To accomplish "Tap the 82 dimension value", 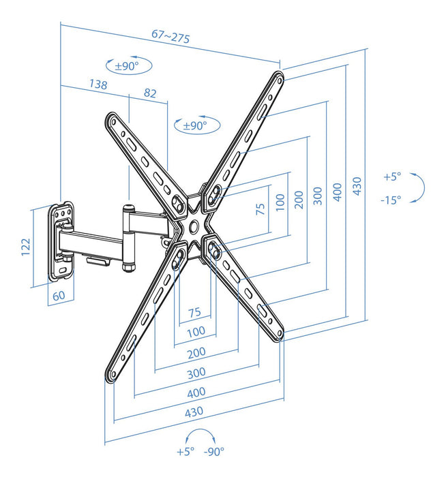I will click(150, 92).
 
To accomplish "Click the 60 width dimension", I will click(58, 296).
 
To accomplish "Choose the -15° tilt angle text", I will click(391, 200).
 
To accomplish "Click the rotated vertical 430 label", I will click(358, 185).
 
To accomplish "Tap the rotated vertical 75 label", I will click(259, 209).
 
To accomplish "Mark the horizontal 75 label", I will click(194, 313).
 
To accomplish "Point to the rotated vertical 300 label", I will click(316, 196).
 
